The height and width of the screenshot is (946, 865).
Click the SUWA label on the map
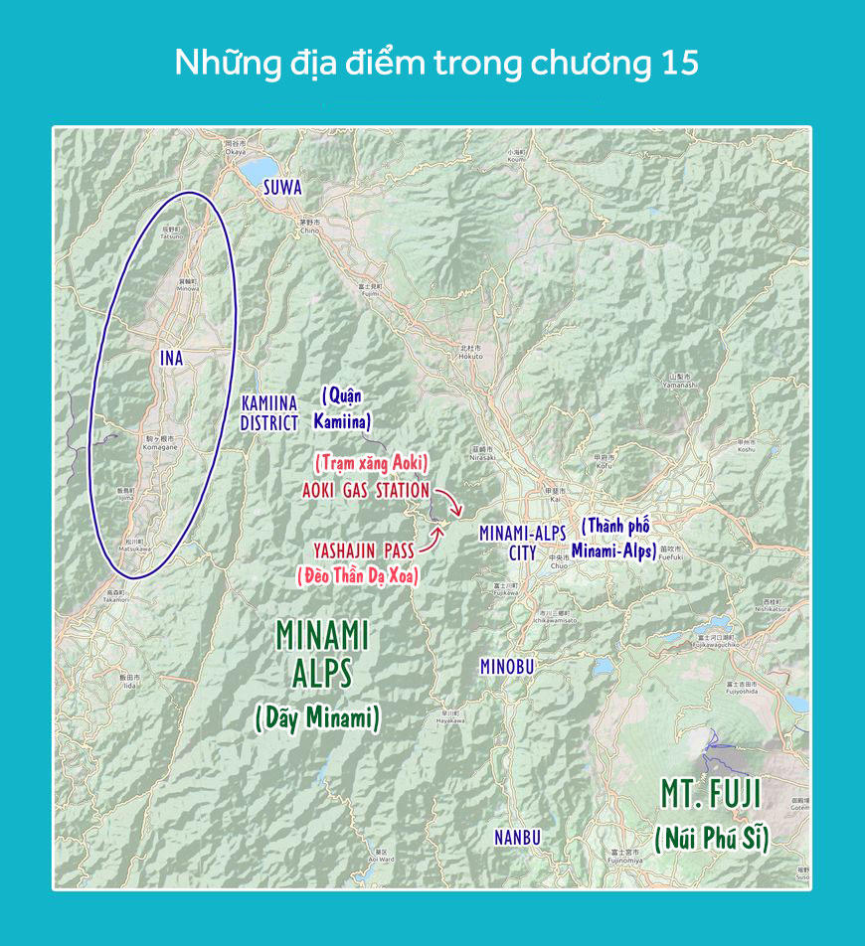click(282, 187)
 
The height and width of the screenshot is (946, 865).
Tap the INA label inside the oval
click(172, 358)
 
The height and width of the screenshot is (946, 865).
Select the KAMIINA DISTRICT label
click(269, 413)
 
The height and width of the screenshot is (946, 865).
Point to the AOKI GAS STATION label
click(365, 491)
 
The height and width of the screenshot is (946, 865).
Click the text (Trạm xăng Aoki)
click(371, 462)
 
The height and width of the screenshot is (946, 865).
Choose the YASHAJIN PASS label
click(363, 549)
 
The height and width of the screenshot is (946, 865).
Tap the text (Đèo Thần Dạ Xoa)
click(357, 574)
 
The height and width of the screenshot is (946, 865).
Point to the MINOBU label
click(507, 667)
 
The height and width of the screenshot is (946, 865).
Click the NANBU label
click(517, 838)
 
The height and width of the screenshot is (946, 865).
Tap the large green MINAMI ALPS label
click(322, 654)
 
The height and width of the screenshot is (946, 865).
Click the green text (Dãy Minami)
click(318, 717)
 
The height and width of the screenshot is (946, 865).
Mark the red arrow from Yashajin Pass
click(433, 539)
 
